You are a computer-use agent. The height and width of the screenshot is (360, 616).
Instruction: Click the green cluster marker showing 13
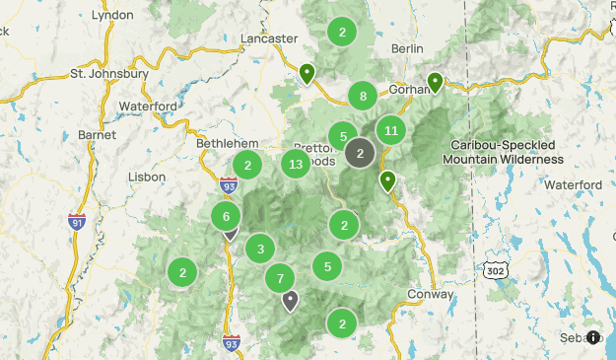296,165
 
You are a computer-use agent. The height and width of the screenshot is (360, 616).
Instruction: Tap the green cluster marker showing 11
391,130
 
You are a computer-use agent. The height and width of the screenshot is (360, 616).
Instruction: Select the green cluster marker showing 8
363,96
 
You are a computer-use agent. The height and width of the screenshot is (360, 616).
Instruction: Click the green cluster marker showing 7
280,278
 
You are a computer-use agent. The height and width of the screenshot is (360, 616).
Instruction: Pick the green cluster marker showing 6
227,216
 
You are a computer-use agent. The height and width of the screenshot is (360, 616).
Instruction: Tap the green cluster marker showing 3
260,249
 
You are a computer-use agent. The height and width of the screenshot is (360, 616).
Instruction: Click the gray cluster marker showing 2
361,153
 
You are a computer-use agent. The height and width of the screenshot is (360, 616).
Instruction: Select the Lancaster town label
269,38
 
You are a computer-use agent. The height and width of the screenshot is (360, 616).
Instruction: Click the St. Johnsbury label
108,74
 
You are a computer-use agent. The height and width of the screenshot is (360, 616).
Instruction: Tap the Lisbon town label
148,177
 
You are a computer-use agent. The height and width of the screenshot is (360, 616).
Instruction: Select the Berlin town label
407,48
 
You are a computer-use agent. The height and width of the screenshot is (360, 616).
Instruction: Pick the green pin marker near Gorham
435,82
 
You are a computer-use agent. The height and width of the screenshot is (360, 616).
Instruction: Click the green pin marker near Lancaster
308,72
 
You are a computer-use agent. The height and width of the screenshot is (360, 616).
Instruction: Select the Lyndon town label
111,16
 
